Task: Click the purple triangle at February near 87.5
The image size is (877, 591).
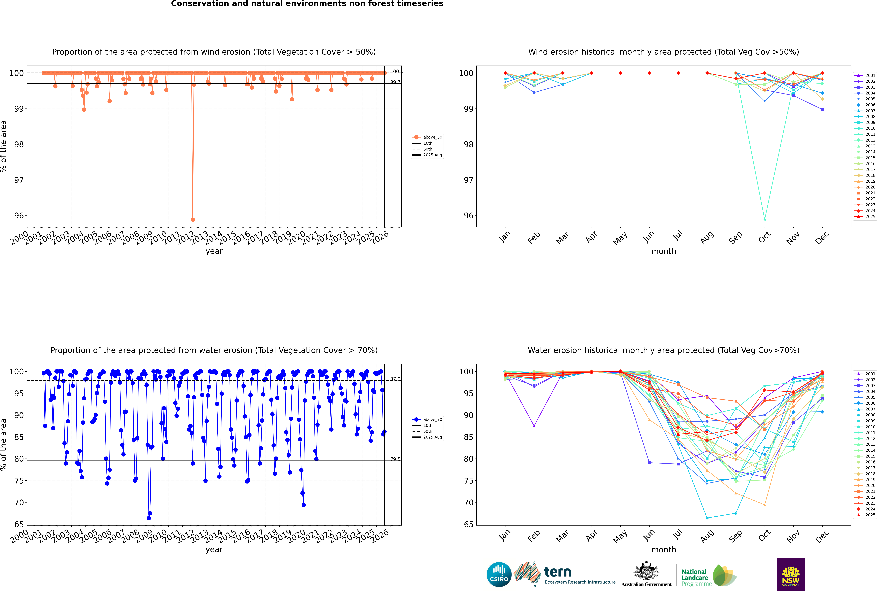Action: coord(534,426)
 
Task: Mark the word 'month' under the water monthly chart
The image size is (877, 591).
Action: coord(664,550)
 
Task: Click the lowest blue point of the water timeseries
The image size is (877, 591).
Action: coord(149,518)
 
